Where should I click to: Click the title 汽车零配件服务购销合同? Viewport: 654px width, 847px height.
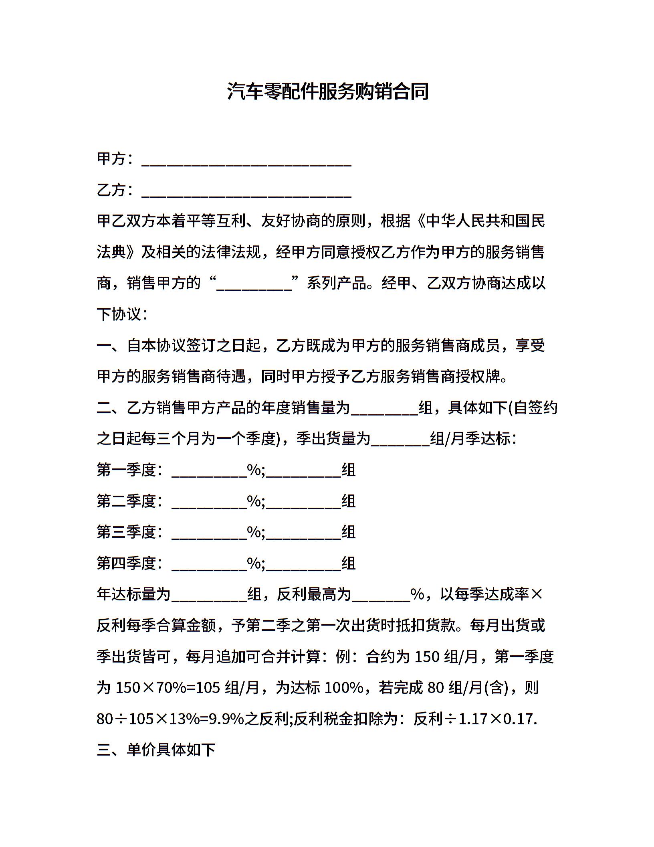coord(327,91)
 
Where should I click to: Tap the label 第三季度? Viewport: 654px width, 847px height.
coord(126,533)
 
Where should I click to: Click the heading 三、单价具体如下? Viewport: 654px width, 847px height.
coord(156,750)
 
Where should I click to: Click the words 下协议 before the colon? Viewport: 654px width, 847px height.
coord(119,315)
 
